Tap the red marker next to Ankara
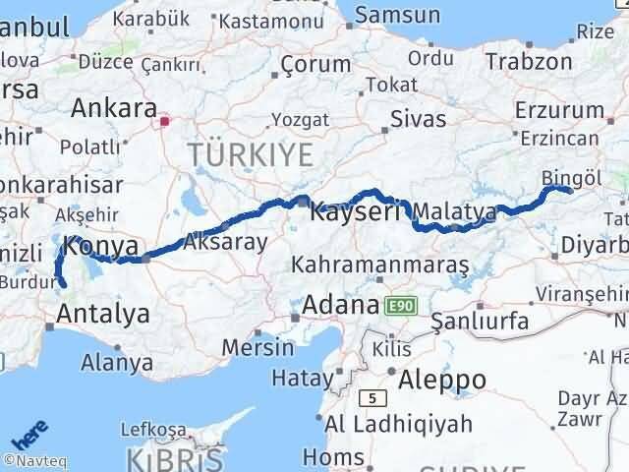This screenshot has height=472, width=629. click(164, 123)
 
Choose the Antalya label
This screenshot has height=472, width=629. click(104, 314)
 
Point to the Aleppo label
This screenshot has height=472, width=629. click(436, 379)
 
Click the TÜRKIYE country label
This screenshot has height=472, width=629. click(252, 154)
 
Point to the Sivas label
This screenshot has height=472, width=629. click(418, 119)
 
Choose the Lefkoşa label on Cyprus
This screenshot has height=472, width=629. click(152, 430)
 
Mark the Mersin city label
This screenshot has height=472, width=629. click(258, 347)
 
